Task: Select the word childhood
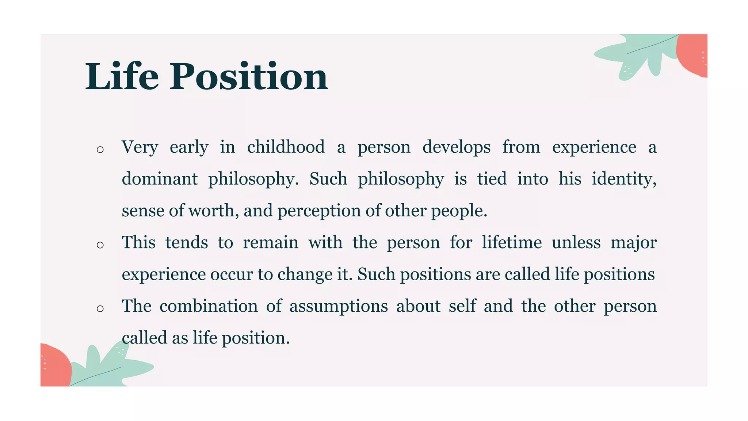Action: click(286, 147)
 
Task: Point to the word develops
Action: click(456, 147)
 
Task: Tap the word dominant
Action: click(160, 179)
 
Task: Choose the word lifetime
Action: click(511, 242)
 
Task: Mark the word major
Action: click(633, 242)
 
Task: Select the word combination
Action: click(209, 306)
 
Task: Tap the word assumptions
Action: click(339, 306)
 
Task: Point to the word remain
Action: click(270, 242)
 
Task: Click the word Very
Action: click(140, 147)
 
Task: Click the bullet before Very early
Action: click(100, 149)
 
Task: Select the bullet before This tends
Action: click(100, 245)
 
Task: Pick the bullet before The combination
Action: click(100, 308)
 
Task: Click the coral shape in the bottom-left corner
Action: click(55, 365)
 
